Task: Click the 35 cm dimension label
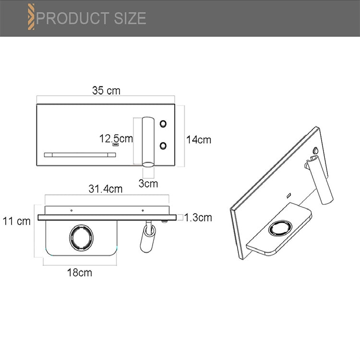click(106, 90)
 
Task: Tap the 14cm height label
click(199, 140)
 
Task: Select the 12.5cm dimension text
click(116, 139)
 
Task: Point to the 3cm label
click(148, 182)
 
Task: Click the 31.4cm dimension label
click(105, 189)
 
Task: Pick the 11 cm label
click(16, 221)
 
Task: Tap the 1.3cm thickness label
click(198, 217)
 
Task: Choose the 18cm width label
click(79, 273)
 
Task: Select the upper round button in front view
click(164, 123)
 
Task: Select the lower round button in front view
click(164, 144)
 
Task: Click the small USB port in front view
click(116, 145)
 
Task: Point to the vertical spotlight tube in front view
click(148, 141)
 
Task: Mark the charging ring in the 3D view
click(280, 228)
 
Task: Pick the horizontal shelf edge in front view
click(80, 155)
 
